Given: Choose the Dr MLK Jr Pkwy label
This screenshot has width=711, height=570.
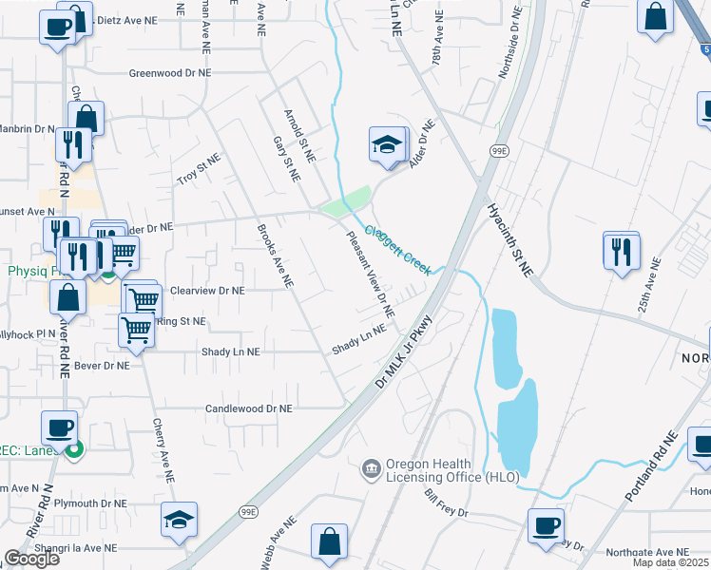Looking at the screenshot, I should point(410,349).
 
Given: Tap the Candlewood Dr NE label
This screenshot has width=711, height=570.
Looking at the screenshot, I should point(249,408).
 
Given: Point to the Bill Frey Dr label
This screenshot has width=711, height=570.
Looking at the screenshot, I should point(447,504).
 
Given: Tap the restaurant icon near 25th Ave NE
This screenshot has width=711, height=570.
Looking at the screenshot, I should point(621,251).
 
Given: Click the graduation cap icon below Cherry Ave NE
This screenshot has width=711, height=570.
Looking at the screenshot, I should point(178,520).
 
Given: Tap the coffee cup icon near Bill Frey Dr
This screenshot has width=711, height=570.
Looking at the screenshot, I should point(546,525).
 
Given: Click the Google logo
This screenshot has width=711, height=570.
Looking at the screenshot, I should point(31,559).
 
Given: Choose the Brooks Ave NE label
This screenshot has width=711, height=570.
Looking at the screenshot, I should point(276,256).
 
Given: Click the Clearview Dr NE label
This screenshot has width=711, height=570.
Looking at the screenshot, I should point(207,291).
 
